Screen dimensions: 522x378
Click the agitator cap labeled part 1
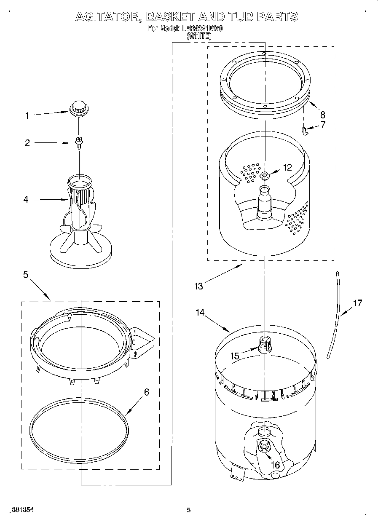coord(79,107)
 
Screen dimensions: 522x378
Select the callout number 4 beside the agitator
coord(26,199)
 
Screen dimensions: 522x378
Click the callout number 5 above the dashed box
coord(26,275)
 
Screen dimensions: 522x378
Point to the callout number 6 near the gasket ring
coord(146,392)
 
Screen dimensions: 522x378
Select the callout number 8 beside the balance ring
coord(322,114)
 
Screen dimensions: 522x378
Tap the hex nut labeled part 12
coord(264,175)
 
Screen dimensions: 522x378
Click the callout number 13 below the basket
coord(198,286)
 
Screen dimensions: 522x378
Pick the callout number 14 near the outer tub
coord(200,313)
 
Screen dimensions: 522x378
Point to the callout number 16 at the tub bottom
coord(276,465)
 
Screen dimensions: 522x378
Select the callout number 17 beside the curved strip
coord(357,303)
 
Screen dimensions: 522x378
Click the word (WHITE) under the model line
coord(199,36)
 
